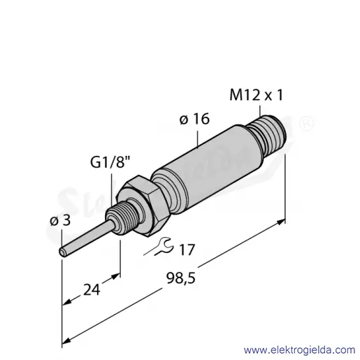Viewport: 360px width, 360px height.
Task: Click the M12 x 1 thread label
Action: click(x=257, y=95)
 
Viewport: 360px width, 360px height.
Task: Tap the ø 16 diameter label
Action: click(x=194, y=119)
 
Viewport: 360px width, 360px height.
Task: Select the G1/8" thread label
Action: click(x=110, y=161)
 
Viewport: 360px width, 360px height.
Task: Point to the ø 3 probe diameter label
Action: click(x=60, y=220)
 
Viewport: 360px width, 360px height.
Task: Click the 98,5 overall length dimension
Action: click(x=181, y=278)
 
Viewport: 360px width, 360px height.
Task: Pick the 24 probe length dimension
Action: click(x=92, y=289)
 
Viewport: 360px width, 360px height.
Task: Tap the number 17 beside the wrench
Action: click(x=187, y=250)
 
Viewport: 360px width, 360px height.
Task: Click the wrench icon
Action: click(x=159, y=247)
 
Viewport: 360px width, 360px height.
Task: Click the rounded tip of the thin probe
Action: click(x=62, y=252)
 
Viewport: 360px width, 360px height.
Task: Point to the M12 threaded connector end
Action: click(x=268, y=135)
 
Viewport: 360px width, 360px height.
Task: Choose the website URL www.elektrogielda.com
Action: click(x=300, y=350)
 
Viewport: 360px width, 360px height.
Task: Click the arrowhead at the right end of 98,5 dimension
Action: click(x=281, y=222)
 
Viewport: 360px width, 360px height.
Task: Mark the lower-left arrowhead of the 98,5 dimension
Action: click(x=66, y=341)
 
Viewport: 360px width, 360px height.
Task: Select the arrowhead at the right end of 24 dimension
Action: click(x=116, y=276)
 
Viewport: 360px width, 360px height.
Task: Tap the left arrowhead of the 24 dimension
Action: click(x=66, y=302)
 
